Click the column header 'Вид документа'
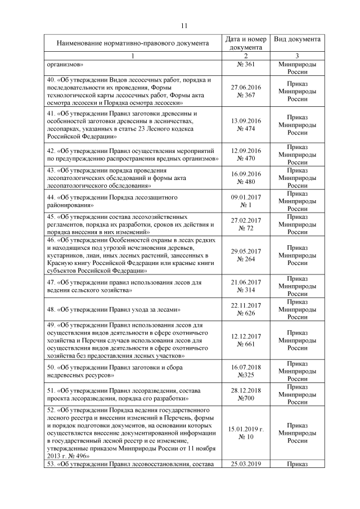[298, 39]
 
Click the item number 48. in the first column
[53, 309]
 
